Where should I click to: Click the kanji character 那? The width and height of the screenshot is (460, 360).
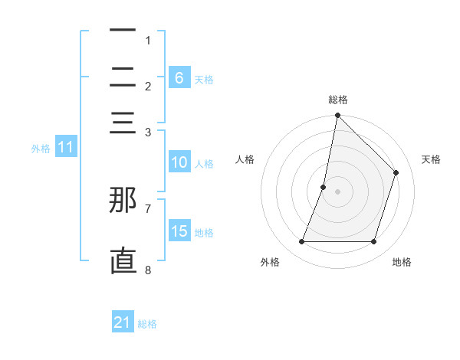[x=123, y=200]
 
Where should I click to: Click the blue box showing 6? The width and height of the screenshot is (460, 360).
[x=179, y=77]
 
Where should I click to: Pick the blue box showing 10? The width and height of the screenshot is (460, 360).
[x=179, y=162]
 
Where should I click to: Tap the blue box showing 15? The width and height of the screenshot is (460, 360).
[x=179, y=231]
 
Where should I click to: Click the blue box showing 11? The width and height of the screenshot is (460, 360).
[x=65, y=148]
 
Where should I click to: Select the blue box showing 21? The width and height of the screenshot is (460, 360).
[x=123, y=322]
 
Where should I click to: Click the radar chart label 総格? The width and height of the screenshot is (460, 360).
[x=337, y=100]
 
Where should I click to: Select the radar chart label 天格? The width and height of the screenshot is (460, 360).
[x=431, y=159]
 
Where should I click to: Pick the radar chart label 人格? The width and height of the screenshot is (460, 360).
[x=245, y=159]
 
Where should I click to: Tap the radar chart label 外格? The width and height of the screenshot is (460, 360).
[x=270, y=262]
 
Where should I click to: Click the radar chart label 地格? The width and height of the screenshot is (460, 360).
[x=402, y=262]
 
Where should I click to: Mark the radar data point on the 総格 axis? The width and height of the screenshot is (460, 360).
[x=337, y=116]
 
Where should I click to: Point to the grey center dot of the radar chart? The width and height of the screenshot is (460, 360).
[x=337, y=191]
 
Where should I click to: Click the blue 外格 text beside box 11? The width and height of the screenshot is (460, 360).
[x=41, y=149]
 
